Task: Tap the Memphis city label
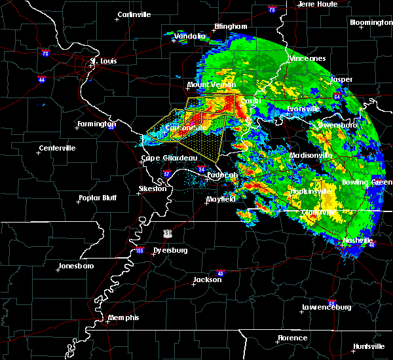click(124, 317)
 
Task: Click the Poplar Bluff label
click(98, 198)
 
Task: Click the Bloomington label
click(371, 22)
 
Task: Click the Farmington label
click(96, 124)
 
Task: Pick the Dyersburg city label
click(160, 250)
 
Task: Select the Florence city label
click(292, 338)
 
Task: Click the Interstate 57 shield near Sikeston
click(166, 173)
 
